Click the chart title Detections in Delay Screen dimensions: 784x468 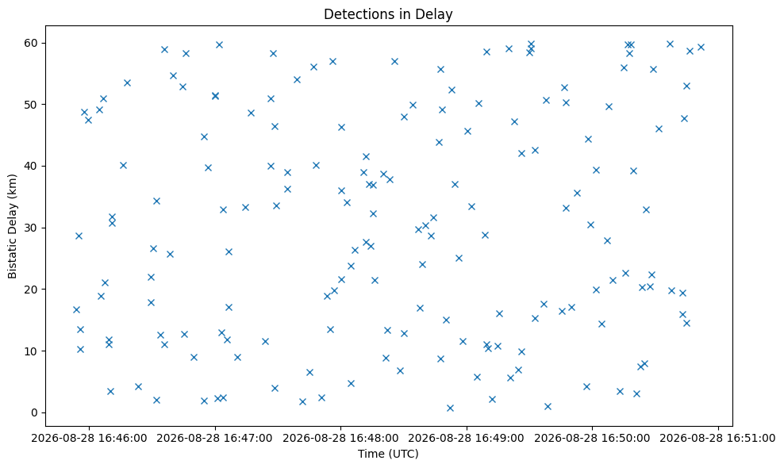click(x=388, y=14)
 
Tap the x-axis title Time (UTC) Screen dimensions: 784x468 click(x=388, y=454)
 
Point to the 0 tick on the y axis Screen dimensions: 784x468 click(x=35, y=412)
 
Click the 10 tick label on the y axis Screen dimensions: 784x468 click(x=32, y=351)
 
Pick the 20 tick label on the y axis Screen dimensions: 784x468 click(x=32, y=290)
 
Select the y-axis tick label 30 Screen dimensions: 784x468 click(x=32, y=228)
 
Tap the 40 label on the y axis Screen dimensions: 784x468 click(x=32, y=166)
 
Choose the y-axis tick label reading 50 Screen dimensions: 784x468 click(x=32, y=105)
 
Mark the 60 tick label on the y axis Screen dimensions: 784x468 click(x=32, y=43)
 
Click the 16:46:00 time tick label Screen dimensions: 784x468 click(x=90, y=439)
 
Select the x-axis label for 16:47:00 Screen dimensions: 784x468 click(x=215, y=439)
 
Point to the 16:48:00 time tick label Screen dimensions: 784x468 click(x=341, y=439)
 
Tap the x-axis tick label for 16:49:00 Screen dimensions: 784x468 click(x=467, y=439)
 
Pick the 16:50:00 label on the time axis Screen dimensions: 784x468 click(x=593, y=439)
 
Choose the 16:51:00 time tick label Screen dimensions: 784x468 click(x=718, y=439)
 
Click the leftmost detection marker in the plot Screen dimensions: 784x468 click(x=76, y=309)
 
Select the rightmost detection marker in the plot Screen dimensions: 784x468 click(x=701, y=47)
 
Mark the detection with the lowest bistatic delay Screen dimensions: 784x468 click(x=450, y=408)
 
